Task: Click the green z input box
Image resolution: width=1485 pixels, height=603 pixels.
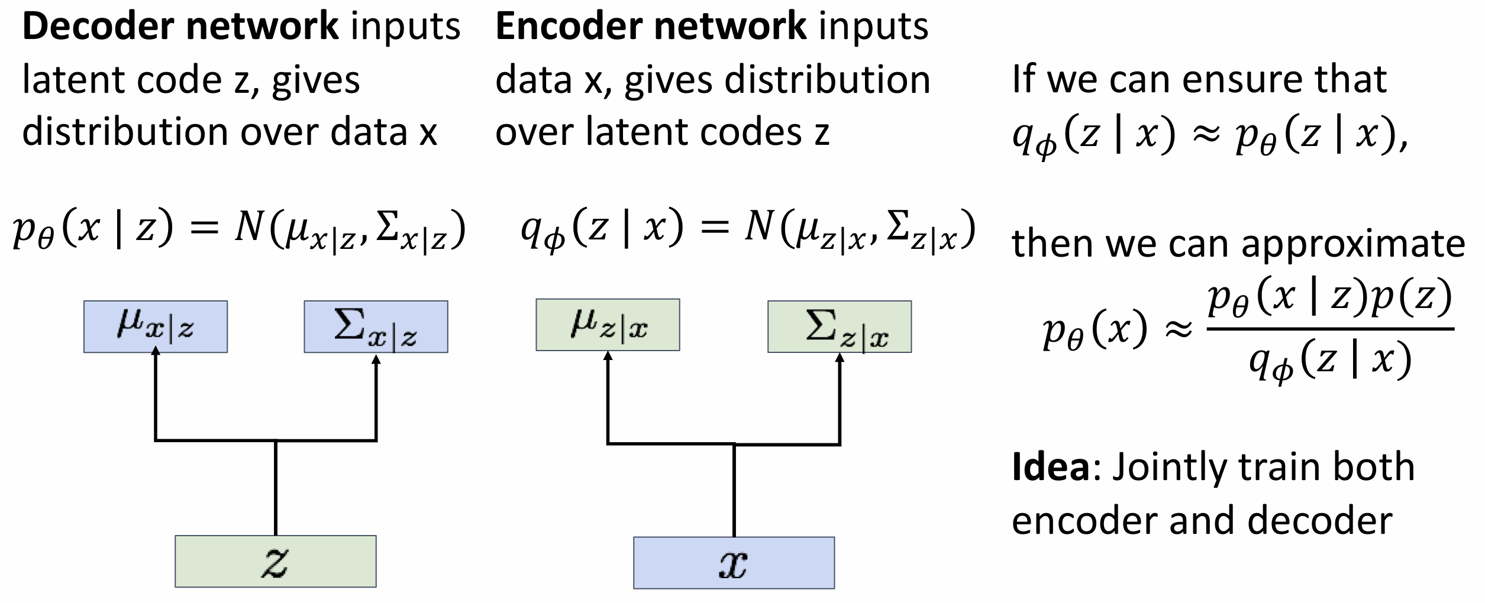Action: pyautogui.click(x=275, y=561)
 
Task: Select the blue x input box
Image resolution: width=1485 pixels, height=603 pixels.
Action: pyautogui.click(x=734, y=563)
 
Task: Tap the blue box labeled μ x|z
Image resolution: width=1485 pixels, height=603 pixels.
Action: pyautogui.click(x=156, y=327)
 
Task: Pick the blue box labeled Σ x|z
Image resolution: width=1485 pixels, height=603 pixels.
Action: pyautogui.click(x=376, y=327)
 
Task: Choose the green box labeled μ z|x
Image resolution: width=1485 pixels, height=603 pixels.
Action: pyautogui.click(x=608, y=325)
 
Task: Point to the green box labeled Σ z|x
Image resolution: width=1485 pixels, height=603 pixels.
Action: pyautogui.click(x=840, y=327)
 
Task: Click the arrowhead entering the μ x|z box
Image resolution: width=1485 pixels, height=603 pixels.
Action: pyautogui.click(x=156, y=352)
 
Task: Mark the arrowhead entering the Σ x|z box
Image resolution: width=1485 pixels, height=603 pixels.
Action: pyautogui.click(x=376, y=359)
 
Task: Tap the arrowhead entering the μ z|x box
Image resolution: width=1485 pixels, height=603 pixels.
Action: pyautogui.click(x=608, y=356)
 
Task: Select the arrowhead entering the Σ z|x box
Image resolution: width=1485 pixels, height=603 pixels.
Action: pyautogui.click(x=840, y=358)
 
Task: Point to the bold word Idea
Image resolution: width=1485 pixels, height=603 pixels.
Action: pyautogui.click(x=1050, y=467)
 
